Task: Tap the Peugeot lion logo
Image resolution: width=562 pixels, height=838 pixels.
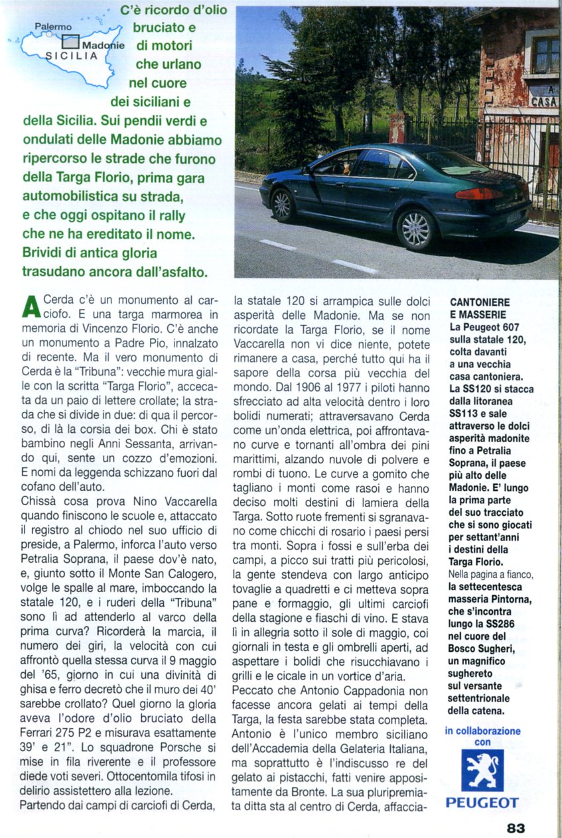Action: [482, 770]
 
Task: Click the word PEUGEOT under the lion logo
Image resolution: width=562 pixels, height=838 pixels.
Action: [482, 803]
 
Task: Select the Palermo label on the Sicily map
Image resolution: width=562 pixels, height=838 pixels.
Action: [53, 27]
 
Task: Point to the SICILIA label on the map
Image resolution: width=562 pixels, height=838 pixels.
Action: [72, 56]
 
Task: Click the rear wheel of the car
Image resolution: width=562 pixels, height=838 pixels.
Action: [416, 229]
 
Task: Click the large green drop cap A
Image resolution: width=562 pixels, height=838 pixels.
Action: [31, 307]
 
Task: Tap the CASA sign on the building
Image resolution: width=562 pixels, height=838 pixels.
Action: [544, 102]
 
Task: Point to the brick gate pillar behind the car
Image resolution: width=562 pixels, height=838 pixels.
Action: [398, 127]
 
